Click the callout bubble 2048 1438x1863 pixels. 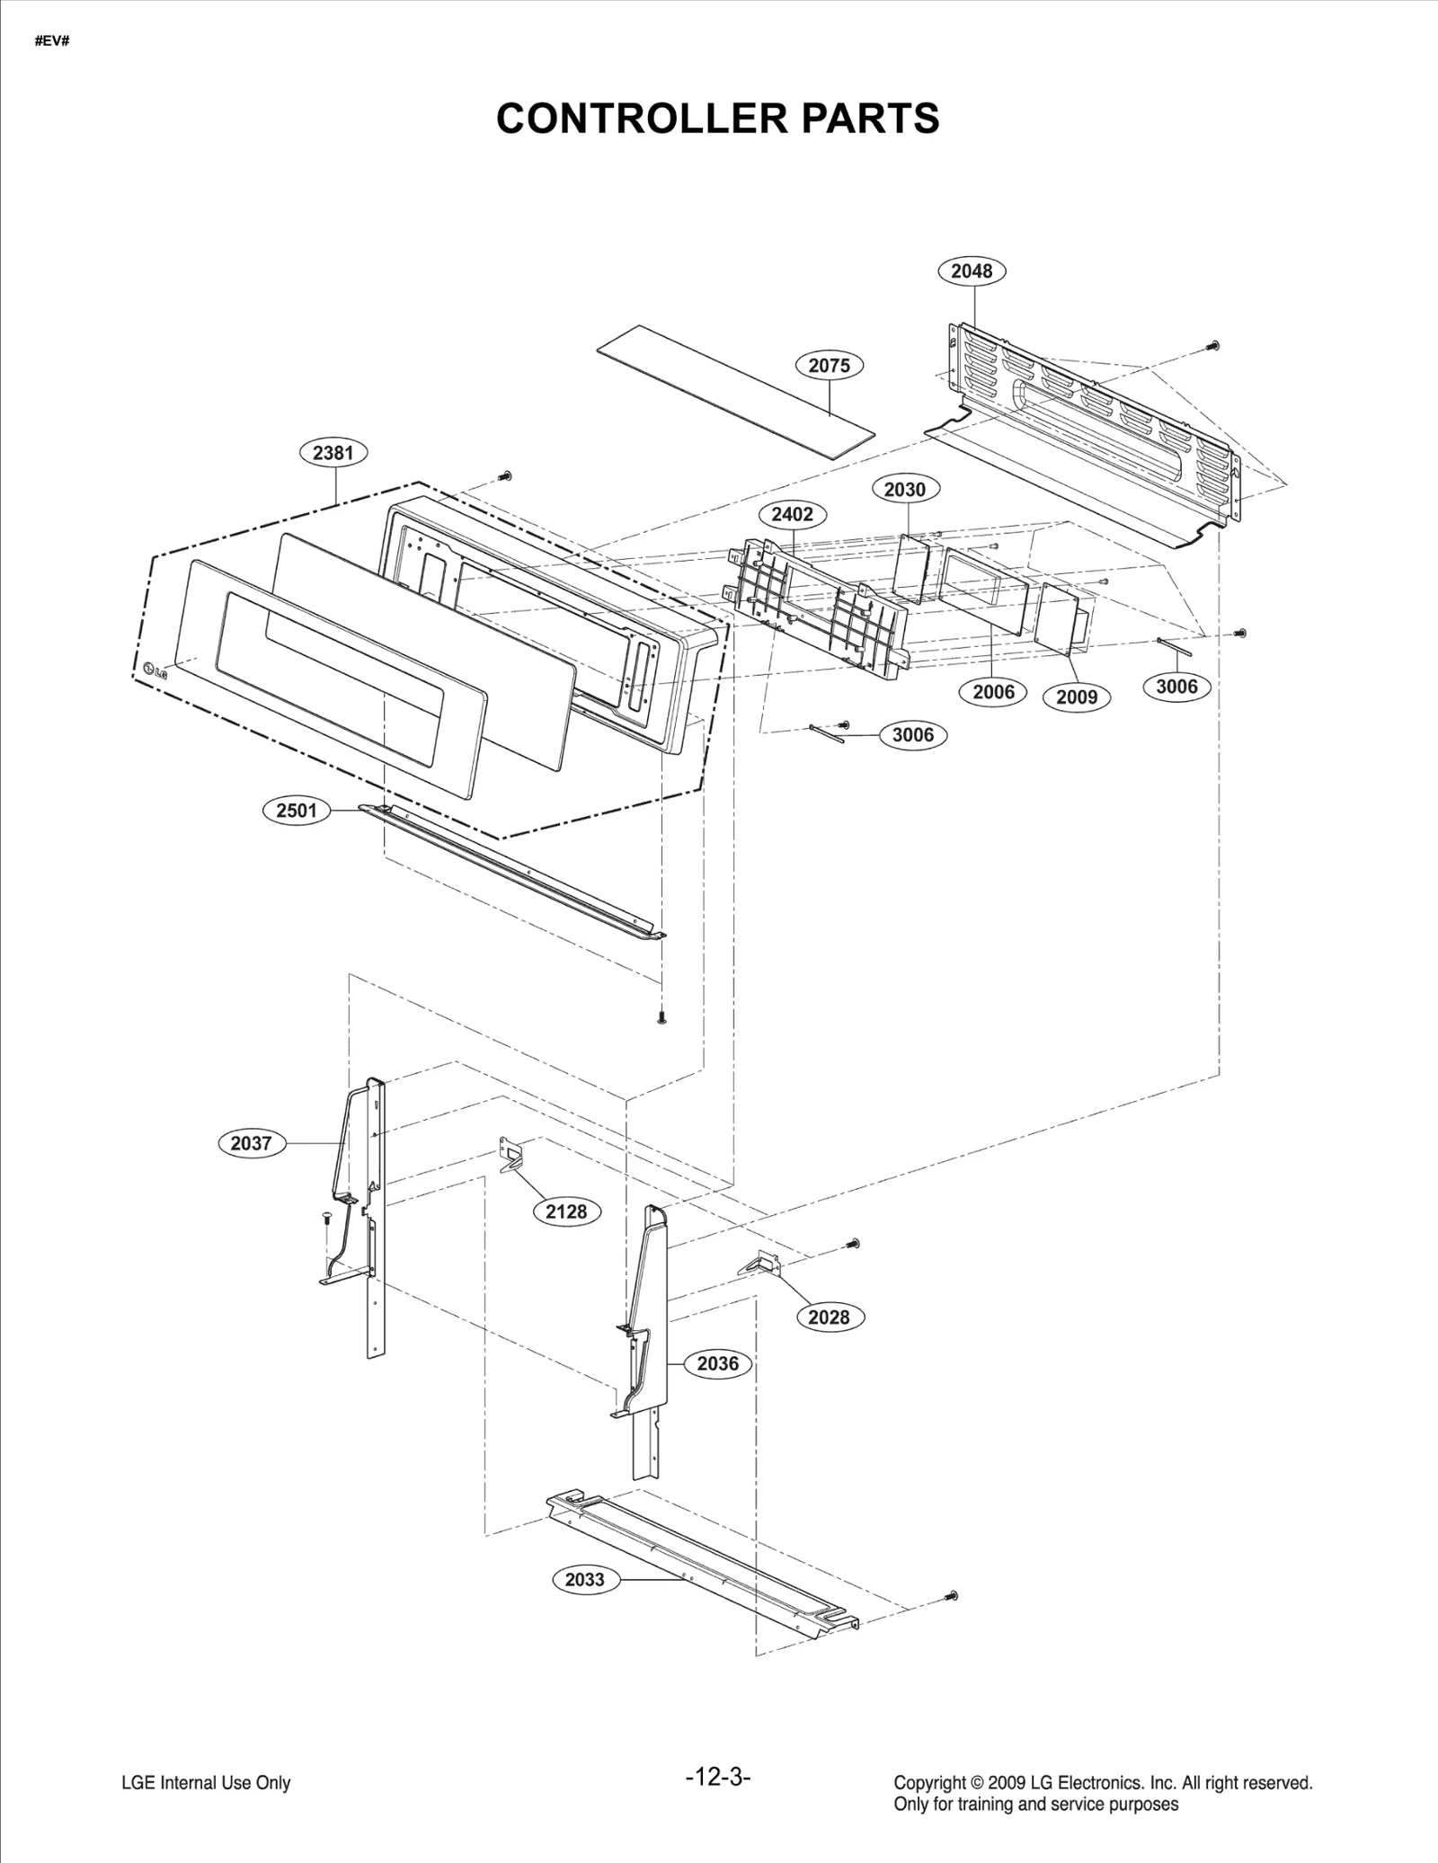pos(972,271)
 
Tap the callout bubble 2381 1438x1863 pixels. pos(333,453)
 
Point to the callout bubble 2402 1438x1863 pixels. pos(792,514)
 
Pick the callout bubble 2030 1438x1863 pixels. pos(904,489)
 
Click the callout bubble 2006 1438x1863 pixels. pos(993,691)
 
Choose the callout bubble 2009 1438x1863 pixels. pos(1076,696)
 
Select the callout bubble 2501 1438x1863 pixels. pos(297,810)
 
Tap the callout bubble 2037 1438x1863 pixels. pos(251,1143)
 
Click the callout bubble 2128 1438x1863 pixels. pos(566,1211)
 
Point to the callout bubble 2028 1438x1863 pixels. pos(829,1317)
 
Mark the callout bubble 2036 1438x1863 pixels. pos(717,1363)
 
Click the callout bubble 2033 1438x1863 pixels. pos(584,1579)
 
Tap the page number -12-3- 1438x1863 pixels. pos(717,1777)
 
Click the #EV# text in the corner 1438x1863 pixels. pos(52,42)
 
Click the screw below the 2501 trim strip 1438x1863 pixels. pos(662,1018)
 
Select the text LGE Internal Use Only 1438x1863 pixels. pos(206,1783)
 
